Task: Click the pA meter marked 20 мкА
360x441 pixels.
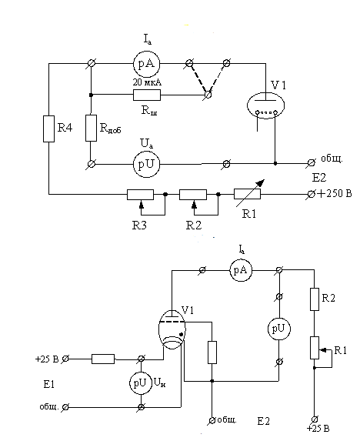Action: [x=146, y=64]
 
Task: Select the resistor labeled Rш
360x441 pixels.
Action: [x=147, y=95]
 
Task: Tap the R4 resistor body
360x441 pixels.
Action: [x=48, y=129]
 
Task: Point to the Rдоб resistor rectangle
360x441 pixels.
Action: [x=91, y=128]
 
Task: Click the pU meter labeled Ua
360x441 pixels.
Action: [x=146, y=164]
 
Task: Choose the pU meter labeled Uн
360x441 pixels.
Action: [x=141, y=383]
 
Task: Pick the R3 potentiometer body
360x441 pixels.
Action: [x=140, y=195]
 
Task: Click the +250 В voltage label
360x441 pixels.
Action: [x=334, y=193]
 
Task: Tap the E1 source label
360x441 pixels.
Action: [x=49, y=384]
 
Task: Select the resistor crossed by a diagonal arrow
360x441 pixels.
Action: [x=247, y=195]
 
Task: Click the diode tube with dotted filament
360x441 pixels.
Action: [x=265, y=105]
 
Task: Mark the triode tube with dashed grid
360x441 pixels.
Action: [x=172, y=329]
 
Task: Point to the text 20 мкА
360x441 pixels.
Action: [x=147, y=82]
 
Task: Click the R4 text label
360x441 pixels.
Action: [x=65, y=128]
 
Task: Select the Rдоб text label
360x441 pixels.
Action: [x=111, y=129]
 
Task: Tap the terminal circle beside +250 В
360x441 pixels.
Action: [x=311, y=194]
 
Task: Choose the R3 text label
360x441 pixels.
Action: [x=139, y=226]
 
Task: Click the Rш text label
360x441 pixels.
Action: [x=149, y=110]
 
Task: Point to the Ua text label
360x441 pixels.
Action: [x=147, y=144]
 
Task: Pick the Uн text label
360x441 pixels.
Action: [x=160, y=383]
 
